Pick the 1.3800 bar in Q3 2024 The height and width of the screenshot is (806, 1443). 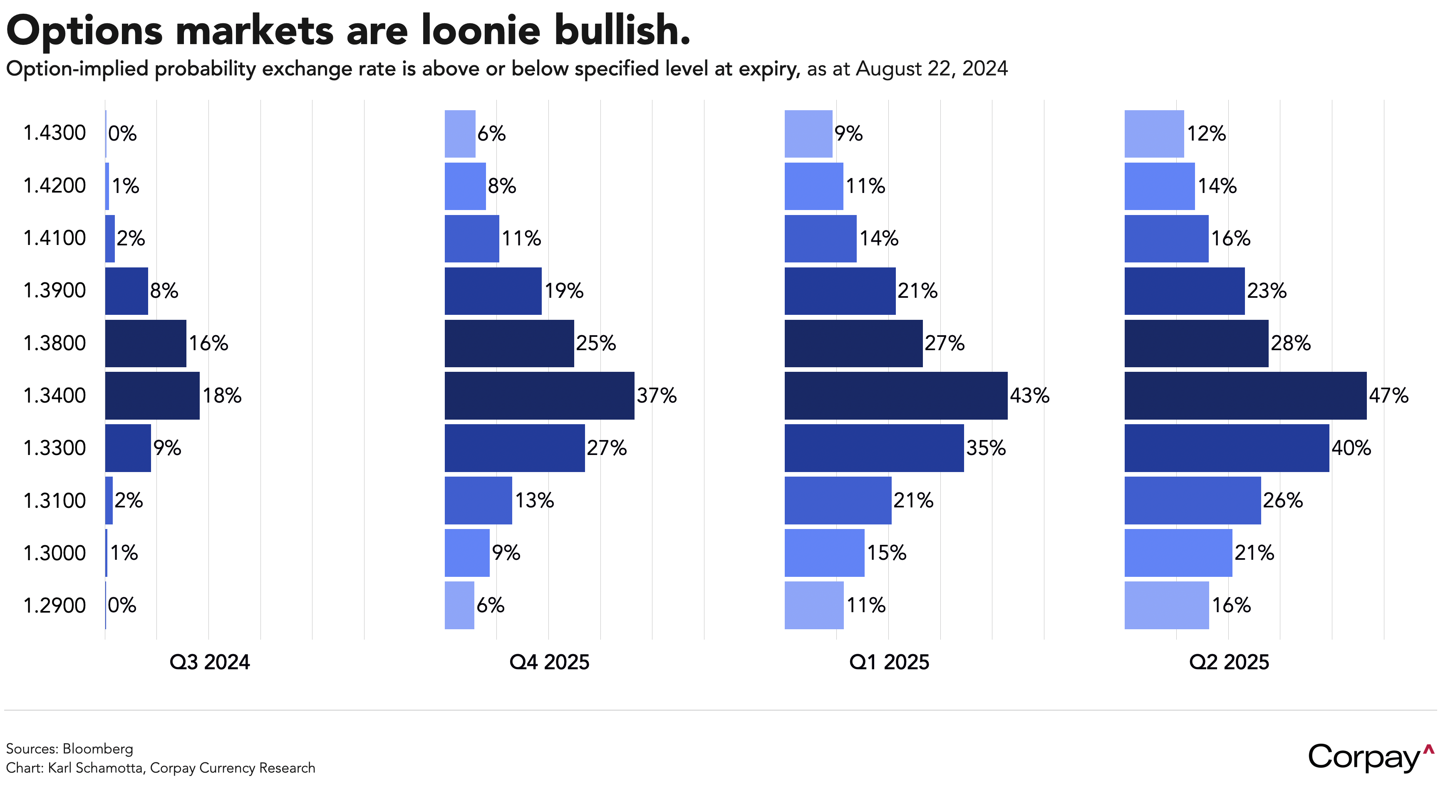pos(146,343)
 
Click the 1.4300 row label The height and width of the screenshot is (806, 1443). pos(55,133)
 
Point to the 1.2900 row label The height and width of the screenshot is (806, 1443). pos(55,605)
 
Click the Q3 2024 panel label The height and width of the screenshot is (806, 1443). pos(210,662)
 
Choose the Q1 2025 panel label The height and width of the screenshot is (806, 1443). pos(889,662)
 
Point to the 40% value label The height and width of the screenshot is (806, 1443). pos(1351,448)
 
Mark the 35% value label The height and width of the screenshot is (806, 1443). pos(986,448)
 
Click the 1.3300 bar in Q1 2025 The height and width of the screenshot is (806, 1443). pos(874,448)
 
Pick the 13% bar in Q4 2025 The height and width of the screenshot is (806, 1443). pos(478,500)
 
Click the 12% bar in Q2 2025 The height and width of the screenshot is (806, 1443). pos(1154,133)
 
